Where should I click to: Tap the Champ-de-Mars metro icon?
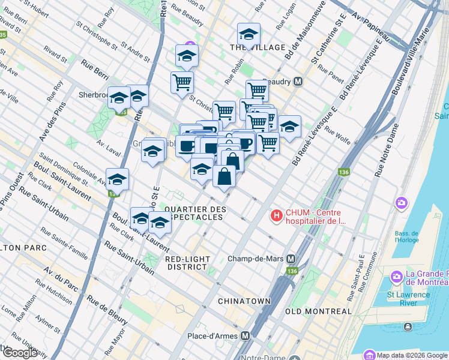(291, 259)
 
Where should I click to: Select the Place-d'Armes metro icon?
(245, 336)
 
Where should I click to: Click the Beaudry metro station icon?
(297, 81)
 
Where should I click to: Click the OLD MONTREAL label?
(318, 311)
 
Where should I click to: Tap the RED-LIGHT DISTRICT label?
(189, 263)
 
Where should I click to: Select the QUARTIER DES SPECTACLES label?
(195, 212)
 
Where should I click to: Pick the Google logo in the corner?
(19, 353)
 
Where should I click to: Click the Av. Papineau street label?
(371, 28)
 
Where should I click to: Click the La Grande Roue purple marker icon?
(396, 277)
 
